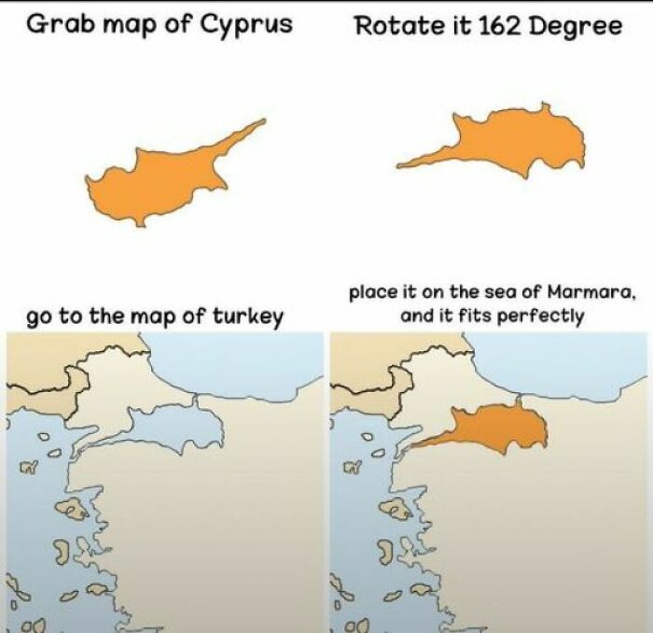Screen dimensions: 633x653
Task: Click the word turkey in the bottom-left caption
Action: (x=251, y=316)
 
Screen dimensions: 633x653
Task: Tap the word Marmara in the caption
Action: (x=593, y=293)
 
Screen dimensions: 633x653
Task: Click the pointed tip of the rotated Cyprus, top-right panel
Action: (x=398, y=166)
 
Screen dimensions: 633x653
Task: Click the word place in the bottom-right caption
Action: (x=373, y=293)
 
